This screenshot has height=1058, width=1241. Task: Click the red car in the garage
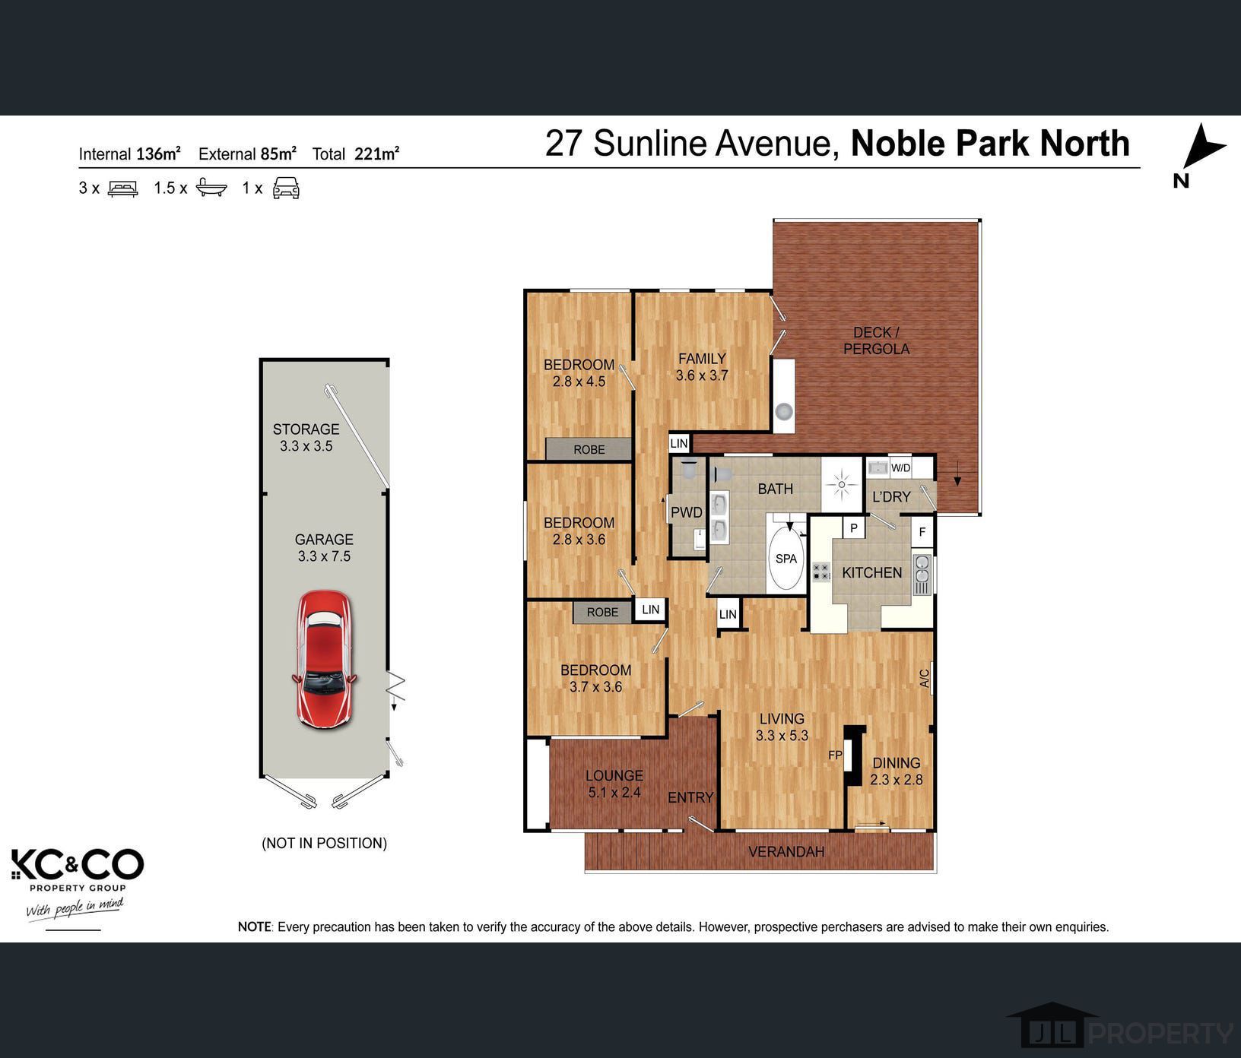325,659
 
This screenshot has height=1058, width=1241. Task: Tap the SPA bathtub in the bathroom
786,559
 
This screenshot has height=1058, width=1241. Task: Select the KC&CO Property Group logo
77,870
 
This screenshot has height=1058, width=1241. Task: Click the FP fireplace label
835,755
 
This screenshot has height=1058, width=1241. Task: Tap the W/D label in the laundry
900,468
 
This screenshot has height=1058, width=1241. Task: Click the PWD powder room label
686,512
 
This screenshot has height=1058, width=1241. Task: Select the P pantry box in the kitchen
854,527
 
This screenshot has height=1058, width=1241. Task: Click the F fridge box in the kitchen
922,531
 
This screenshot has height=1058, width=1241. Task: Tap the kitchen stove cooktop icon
821,572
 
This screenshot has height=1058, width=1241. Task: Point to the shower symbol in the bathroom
841,484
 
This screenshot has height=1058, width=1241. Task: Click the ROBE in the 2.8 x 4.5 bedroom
589,449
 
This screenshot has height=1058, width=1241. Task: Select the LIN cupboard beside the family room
678,443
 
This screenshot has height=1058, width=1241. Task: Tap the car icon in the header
286,188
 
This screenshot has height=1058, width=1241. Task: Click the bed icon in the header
122,188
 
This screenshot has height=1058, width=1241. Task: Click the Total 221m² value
376,154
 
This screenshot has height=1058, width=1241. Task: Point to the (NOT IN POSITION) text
324,843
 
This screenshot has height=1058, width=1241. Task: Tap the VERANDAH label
786,851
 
